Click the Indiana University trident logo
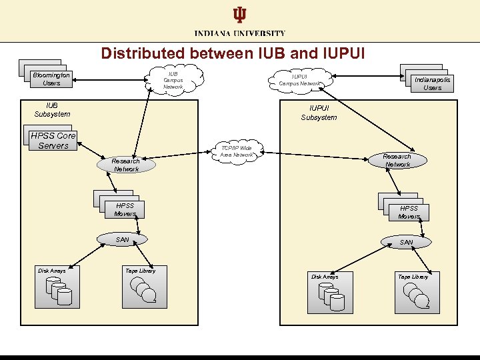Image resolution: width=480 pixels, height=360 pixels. (x=239, y=15)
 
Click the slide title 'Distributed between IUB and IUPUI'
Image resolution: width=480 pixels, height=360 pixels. (x=233, y=53)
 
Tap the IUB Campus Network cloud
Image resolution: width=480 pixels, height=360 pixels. (x=173, y=79)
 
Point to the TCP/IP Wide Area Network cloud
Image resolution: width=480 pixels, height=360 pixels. (x=236, y=151)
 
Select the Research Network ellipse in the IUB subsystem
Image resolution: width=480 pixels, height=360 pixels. (x=126, y=165)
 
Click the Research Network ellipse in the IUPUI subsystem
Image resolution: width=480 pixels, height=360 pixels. (x=397, y=160)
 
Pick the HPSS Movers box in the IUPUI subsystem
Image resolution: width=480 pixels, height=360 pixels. (x=407, y=211)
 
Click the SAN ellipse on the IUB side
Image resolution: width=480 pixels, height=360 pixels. (x=123, y=239)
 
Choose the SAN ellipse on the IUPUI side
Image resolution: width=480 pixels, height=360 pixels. (x=406, y=242)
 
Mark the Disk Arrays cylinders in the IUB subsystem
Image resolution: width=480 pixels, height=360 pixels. (x=57, y=291)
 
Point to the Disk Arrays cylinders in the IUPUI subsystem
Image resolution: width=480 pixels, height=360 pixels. (x=331, y=296)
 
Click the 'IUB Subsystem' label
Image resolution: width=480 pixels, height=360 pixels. (x=52, y=109)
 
